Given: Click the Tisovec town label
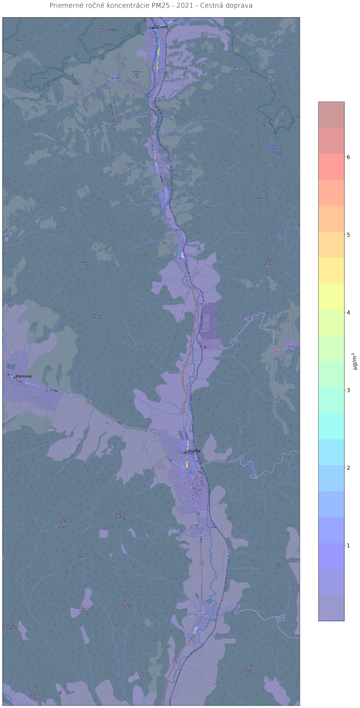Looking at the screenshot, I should click(x=161, y=27).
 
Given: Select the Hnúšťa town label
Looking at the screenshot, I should click(x=194, y=451).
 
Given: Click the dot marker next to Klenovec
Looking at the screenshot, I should click(x=14, y=376).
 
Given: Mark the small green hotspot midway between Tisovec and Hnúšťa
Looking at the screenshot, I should click(x=183, y=255).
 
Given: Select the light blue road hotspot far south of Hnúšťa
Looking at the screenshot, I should click(x=195, y=630).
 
